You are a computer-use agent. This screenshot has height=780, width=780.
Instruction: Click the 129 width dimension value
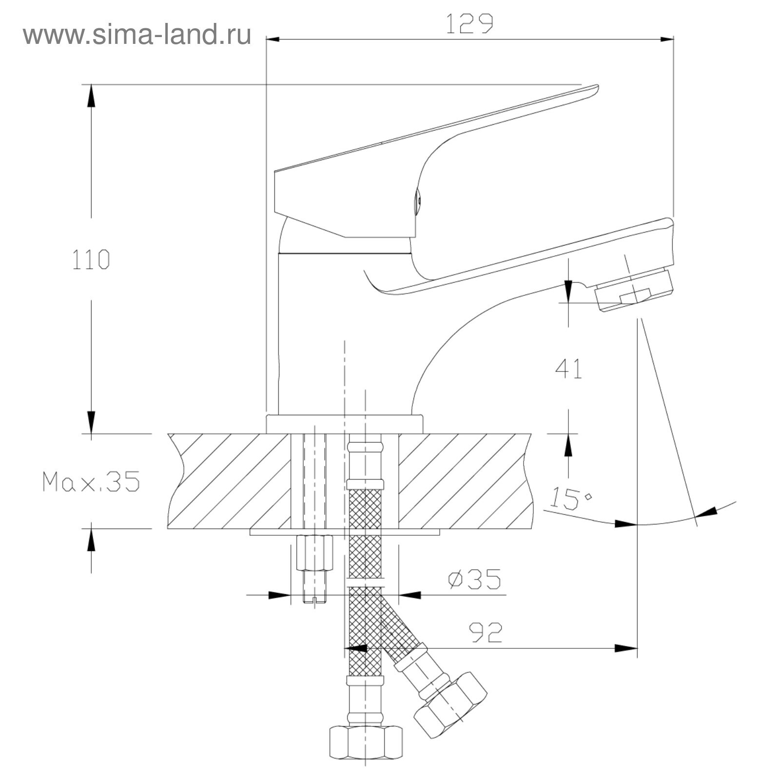click(469, 24)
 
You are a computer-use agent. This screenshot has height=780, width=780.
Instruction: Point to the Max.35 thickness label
click(91, 481)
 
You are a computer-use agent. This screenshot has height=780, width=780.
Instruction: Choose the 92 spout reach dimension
click(486, 633)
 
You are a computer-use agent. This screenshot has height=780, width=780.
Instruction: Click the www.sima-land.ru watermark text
click(137, 35)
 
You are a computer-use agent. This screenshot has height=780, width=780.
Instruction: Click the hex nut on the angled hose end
click(450, 704)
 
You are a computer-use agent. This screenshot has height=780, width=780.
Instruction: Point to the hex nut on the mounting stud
click(314, 552)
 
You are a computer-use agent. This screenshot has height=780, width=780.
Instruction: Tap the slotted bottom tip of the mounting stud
click(314, 599)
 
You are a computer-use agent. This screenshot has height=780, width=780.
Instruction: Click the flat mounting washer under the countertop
click(345, 532)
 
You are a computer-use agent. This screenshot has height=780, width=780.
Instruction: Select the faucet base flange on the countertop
click(345, 424)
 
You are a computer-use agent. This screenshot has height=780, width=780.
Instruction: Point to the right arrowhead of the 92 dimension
click(626, 648)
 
